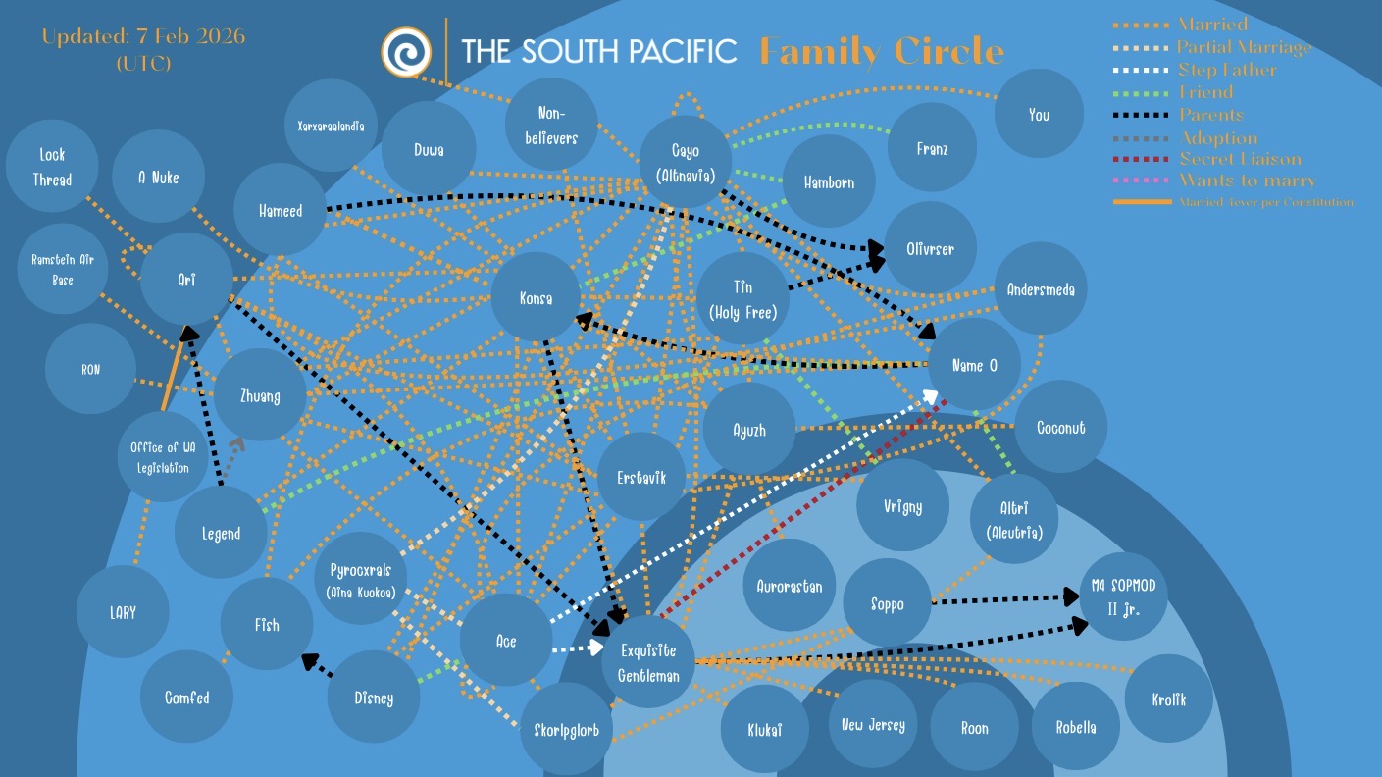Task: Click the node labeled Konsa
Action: (536, 298)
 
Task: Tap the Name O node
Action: (974, 365)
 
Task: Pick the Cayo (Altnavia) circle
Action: (686, 162)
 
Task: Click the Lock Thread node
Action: (52, 167)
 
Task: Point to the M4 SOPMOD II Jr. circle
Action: (1123, 596)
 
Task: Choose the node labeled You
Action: (1039, 115)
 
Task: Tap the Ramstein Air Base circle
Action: (61, 270)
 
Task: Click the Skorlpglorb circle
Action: (566, 729)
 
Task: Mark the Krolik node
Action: (1168, 699)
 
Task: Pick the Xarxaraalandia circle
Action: (331, 127)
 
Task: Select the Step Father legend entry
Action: (1227, 70)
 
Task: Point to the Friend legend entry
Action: (1205, 92)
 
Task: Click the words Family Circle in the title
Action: (882, 51)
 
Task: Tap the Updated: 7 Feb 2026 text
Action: (143, 37)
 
